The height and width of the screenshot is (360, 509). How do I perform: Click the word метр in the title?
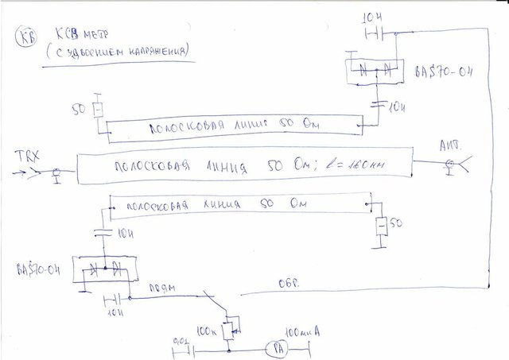click(x=83, y=36)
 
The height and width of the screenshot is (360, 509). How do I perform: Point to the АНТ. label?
click(x=450, y=147)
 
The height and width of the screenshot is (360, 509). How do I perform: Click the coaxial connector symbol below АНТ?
click(x=451, y=165)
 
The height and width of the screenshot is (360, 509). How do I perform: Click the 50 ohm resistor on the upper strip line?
click(x=98, y=110)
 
